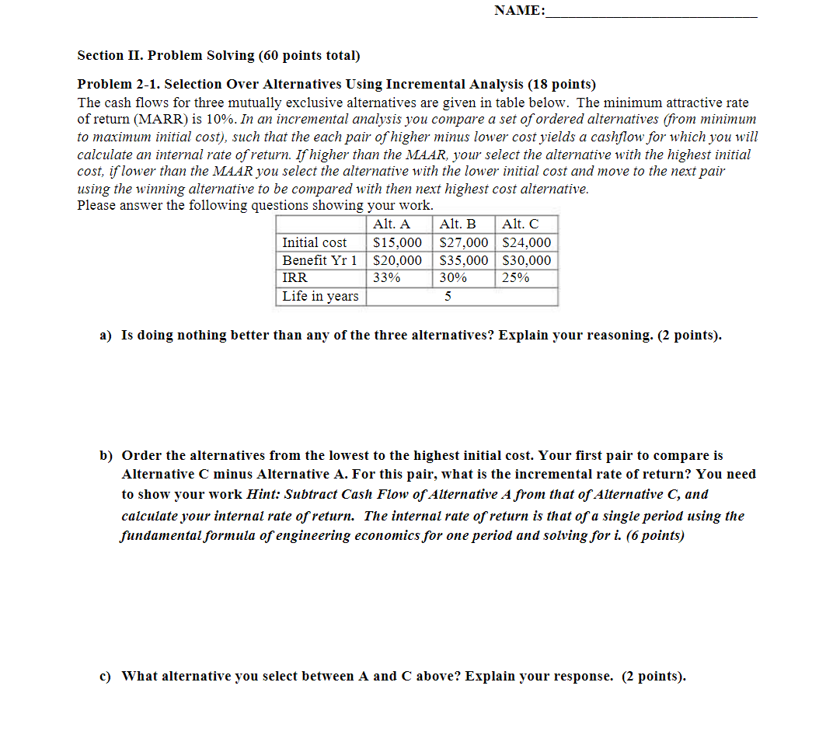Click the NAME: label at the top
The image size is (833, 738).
(519, 10)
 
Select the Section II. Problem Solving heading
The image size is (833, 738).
(218, 55)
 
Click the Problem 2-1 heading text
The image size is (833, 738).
(336, 84)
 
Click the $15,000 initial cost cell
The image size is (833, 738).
(398, 242)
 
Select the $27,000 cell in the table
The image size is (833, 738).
(464, 242)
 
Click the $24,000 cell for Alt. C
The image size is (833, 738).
(527, 242)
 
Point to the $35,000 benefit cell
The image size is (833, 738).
(464, 260)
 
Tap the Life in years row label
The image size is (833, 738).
(320, 296)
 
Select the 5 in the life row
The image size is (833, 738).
(448, 296)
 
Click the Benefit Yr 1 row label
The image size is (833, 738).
(319, 260)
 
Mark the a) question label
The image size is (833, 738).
(106, 335)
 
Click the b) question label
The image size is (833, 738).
(106, 455)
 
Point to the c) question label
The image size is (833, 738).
(105, 676)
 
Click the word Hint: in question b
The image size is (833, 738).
(263, 494)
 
